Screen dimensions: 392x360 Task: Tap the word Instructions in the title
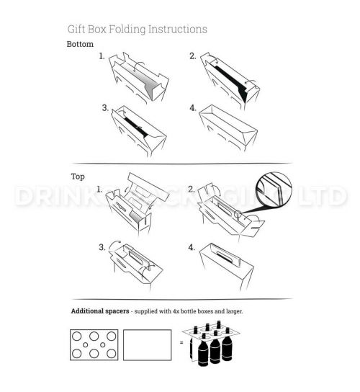coord(176,30)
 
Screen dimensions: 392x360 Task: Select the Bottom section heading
coord(80,44)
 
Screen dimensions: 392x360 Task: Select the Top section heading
coord(78,176)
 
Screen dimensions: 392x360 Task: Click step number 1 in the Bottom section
coord(102,55)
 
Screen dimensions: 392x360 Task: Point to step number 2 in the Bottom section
coord(193,55)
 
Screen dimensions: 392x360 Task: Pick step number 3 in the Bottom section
coord(105,109)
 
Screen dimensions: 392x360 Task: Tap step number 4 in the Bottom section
coord(193,109)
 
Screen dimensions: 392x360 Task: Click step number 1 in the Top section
coord(100,188)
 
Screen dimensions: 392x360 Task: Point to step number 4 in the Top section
coord(192,247)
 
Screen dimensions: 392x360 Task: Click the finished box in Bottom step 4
coord(230,128)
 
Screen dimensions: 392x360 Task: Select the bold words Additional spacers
coord(102,311)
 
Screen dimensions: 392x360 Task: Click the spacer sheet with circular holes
coord(94,346)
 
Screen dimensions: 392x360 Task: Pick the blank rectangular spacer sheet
coord(148,346)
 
